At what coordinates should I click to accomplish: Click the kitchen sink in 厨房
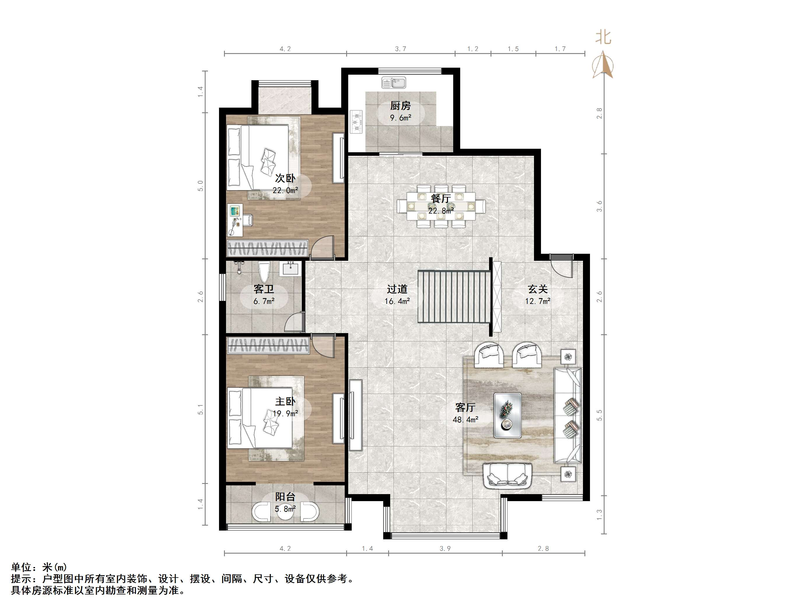coord(393,83)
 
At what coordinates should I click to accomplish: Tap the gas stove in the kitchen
coord(356,121)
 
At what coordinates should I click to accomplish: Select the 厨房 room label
coord(400,106)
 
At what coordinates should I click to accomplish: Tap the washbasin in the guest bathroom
coord(290,269)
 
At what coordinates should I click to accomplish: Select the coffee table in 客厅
coord(507,415)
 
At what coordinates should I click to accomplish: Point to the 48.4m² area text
coord(465,420)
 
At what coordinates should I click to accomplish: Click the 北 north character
coord(603,37)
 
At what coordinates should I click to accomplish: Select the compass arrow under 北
coord(603,66)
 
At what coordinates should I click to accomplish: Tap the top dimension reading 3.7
coord(400,49)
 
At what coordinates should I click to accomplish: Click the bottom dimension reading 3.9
coord(445,548)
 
